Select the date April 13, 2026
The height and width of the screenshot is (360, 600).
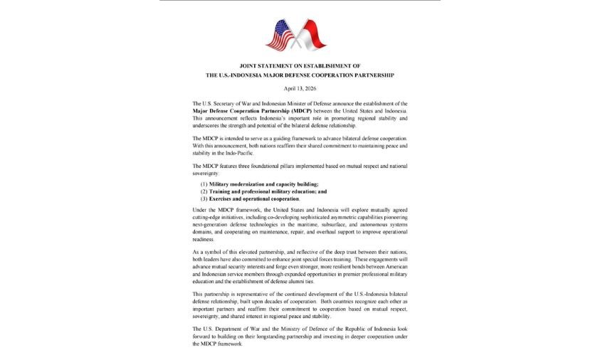[300, 88]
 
